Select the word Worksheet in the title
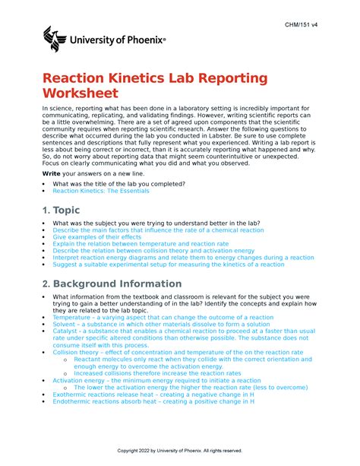[x=81, y=95]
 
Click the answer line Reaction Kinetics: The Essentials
[x=101, y=192]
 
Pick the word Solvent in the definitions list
[x=67, y=324]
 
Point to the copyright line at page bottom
[x=180, y=451]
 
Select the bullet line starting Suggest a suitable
[x=169, y=264]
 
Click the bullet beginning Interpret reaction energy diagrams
[x=182, y=257]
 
